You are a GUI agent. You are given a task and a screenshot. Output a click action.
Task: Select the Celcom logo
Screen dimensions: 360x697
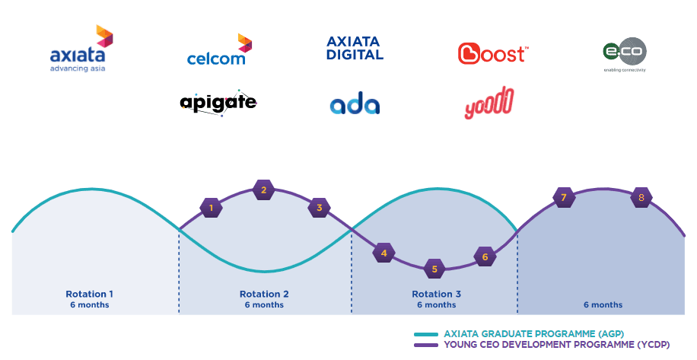219,51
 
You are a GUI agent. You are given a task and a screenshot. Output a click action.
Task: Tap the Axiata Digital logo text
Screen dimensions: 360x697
355,48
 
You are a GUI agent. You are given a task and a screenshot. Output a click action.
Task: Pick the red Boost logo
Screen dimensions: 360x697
492,53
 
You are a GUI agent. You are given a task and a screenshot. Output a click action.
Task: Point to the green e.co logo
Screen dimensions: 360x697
624,54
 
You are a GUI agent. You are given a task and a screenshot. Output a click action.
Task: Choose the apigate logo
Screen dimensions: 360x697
218,102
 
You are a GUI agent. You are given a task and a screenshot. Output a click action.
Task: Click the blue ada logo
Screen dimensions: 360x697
355,105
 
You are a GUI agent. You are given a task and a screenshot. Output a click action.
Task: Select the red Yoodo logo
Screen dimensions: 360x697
489,104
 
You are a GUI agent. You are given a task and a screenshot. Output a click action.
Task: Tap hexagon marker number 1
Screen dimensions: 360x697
211,206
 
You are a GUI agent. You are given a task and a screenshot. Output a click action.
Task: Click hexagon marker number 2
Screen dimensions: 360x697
263,190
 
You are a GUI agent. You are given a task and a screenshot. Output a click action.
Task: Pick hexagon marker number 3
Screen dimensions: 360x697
319,207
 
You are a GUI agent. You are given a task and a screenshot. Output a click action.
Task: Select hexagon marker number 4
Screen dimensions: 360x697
384,253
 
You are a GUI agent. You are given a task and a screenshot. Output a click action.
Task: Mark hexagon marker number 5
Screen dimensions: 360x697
434,268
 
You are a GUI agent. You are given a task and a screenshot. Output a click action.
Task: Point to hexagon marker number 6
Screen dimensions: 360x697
485,257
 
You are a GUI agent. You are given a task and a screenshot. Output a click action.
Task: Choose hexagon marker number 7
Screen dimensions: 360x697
563,198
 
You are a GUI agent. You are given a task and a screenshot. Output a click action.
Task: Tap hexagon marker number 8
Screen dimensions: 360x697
641,198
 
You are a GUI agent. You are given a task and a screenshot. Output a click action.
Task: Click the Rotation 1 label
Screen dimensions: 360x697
90,294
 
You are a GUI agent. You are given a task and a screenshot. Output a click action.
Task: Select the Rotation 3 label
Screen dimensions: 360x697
436,294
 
